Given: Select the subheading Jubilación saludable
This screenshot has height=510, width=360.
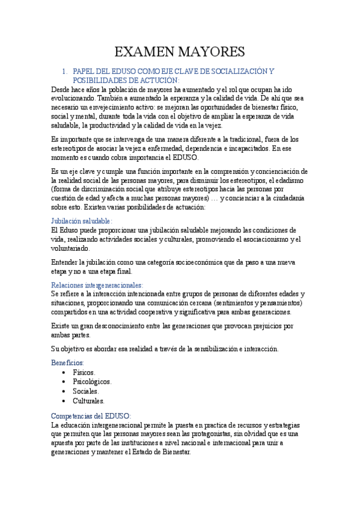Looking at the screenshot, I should (x=81, y=221).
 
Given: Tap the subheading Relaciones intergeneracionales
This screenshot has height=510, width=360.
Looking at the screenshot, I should (x=96, y=284).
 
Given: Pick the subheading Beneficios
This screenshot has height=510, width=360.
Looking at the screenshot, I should (x=67, y=363).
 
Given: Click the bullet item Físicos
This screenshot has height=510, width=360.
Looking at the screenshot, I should (x=84, y=372).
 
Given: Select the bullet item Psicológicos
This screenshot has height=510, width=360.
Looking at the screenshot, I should (x=92, y=381).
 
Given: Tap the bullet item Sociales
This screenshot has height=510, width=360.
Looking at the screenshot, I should (x=85, y=391).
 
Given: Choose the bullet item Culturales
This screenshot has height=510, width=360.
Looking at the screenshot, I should (x=88, y=400).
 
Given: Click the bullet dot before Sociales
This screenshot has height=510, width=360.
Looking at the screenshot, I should (x=64, y=391).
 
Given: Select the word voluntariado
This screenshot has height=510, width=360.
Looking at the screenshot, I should (x=72, y=248).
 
